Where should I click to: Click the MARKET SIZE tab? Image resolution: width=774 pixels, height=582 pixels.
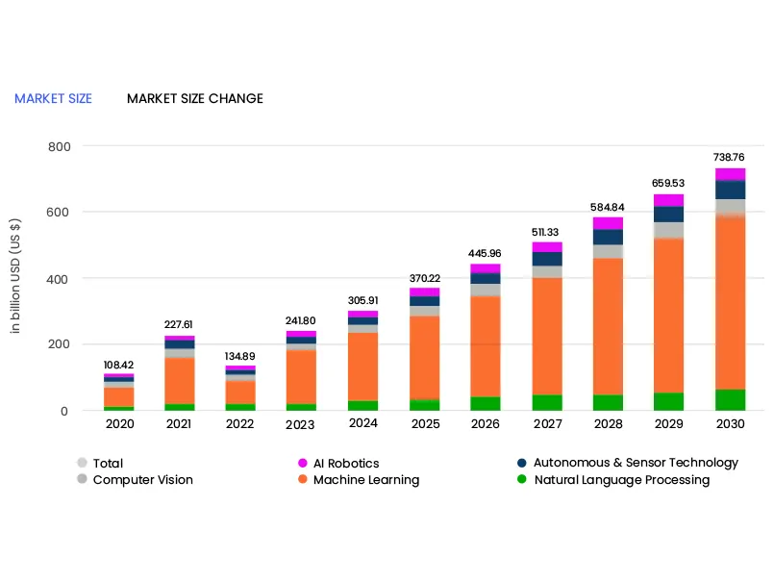coord(53,99)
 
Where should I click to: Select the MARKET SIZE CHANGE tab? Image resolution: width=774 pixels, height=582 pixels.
coord(194,99)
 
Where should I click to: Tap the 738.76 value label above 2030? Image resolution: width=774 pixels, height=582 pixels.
coord(729,157)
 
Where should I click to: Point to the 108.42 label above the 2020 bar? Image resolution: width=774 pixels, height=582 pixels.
coord(119,366)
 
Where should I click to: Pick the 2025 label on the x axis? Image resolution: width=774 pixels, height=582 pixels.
coord(425,424)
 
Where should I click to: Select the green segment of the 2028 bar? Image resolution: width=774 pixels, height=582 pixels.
coord(608,402)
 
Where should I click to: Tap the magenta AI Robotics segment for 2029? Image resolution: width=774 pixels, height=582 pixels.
coord(668,200)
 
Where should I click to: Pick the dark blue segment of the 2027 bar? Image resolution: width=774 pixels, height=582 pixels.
coord(547,259)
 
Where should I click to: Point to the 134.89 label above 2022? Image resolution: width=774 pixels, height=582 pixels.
coord(240,357)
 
